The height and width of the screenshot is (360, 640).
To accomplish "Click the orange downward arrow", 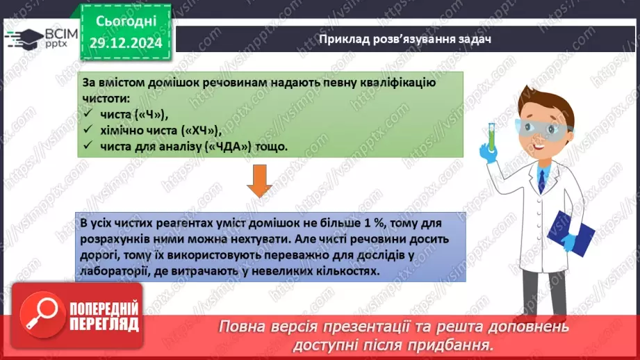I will tap(259, 182).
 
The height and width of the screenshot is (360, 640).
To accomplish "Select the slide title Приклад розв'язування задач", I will tap(405, 39).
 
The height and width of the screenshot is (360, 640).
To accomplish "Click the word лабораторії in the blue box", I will tap(113, 271).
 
